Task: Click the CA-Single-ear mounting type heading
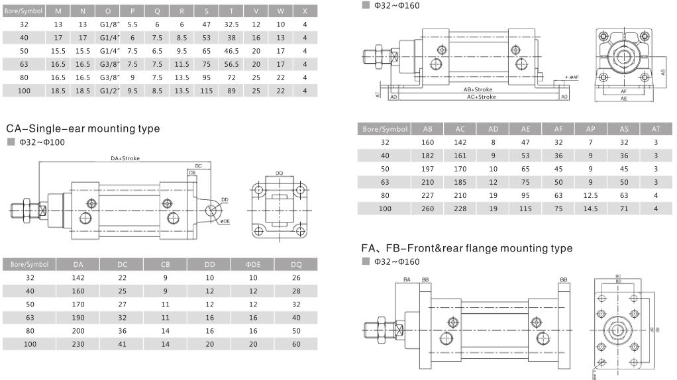[83, 128]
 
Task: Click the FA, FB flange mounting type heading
[466, 248]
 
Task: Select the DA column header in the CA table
[78, 265]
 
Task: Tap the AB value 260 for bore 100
[428, 209]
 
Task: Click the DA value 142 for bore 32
[78, 278]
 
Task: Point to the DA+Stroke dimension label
[125, 158]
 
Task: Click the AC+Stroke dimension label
[481, 97]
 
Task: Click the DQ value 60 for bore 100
[295, 344]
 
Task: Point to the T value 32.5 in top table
[231, 24]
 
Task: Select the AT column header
[655, 129]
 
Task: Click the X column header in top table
[305, 11]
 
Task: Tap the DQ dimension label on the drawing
[280, 173]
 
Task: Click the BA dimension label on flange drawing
[407, 281]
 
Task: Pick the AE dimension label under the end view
[623, 98]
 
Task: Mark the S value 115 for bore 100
[206, 90]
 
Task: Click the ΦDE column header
[252, 265]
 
